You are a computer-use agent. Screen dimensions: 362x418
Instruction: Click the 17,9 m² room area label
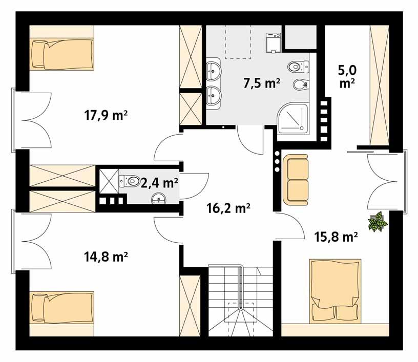click(x=106, y=116)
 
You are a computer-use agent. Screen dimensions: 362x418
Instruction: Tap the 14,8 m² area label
click(x=106, y=254)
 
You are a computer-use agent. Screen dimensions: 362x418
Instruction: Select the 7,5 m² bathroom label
click(x=262, y=83)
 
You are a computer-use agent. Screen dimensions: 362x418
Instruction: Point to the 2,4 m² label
click(x=159, y=182)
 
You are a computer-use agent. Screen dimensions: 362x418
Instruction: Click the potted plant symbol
click(x=378, y=222)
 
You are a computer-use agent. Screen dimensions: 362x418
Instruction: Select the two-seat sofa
click(x=297, y=178)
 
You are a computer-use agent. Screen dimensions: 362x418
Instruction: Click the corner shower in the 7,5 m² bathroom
click(x=293, y=118)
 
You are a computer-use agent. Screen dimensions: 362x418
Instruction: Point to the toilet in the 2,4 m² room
click(x=130, y=180)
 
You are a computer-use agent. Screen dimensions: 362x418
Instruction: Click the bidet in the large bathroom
click(x=300, y=84)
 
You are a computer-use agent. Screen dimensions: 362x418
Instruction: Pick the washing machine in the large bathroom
click(x=271, y=42)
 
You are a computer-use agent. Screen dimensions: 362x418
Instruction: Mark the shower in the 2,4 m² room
click(x=108, y=180)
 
